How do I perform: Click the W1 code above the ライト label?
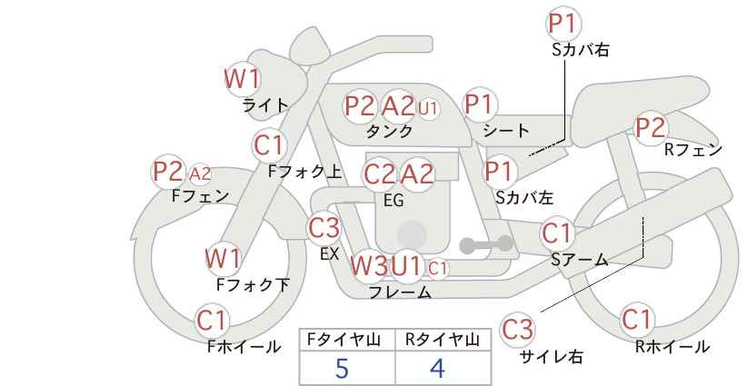(x=242, y=78)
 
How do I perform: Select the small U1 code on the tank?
(x=428, y=108)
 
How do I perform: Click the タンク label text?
(x=389, y=131)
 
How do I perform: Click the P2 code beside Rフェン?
(x=651, y=127)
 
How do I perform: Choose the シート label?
(x=506, y=130)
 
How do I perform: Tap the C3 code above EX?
(x=324, y=229)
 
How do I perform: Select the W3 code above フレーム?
(x=369, y=265)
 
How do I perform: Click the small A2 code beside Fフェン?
(x=200, y=173)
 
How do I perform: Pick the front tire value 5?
(x=342, y=368)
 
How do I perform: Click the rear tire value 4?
(x=437, y=368)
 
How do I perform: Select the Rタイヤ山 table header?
(x=442, y=340)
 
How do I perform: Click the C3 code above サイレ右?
(x=517, y=330)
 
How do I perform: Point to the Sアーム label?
(x=580, y=260)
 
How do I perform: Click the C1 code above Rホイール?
(x=636, y=319)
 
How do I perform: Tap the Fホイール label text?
(x=244, y=347)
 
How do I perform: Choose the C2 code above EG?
(x=379, y=174)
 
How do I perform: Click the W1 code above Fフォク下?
(x=223, y=259)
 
